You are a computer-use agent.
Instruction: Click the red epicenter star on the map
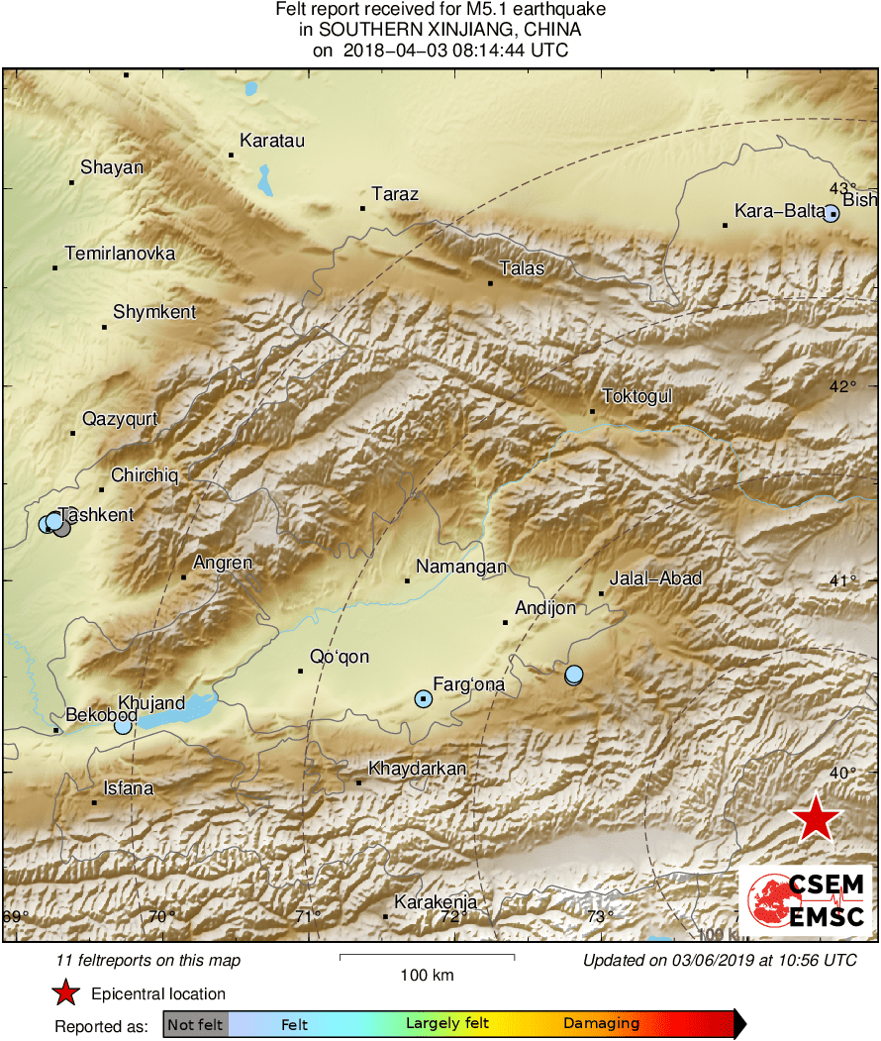816,819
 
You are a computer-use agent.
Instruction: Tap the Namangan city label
461,568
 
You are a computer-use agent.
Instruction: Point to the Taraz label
395,194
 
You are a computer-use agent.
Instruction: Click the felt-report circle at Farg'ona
424,699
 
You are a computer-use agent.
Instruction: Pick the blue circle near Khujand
123,725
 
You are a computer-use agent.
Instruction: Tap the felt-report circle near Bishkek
832,213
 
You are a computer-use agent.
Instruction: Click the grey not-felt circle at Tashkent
62,528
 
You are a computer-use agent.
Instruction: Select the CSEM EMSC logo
805,899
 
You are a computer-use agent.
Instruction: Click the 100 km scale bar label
428,976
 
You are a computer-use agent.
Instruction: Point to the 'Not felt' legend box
195,1024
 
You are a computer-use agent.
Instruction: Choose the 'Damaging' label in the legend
601,1024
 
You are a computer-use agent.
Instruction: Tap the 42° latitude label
842,386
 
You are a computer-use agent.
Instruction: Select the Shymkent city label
154,313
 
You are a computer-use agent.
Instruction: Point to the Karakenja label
436,902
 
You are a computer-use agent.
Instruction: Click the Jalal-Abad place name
656,578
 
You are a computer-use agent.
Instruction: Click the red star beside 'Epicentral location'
65,993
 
